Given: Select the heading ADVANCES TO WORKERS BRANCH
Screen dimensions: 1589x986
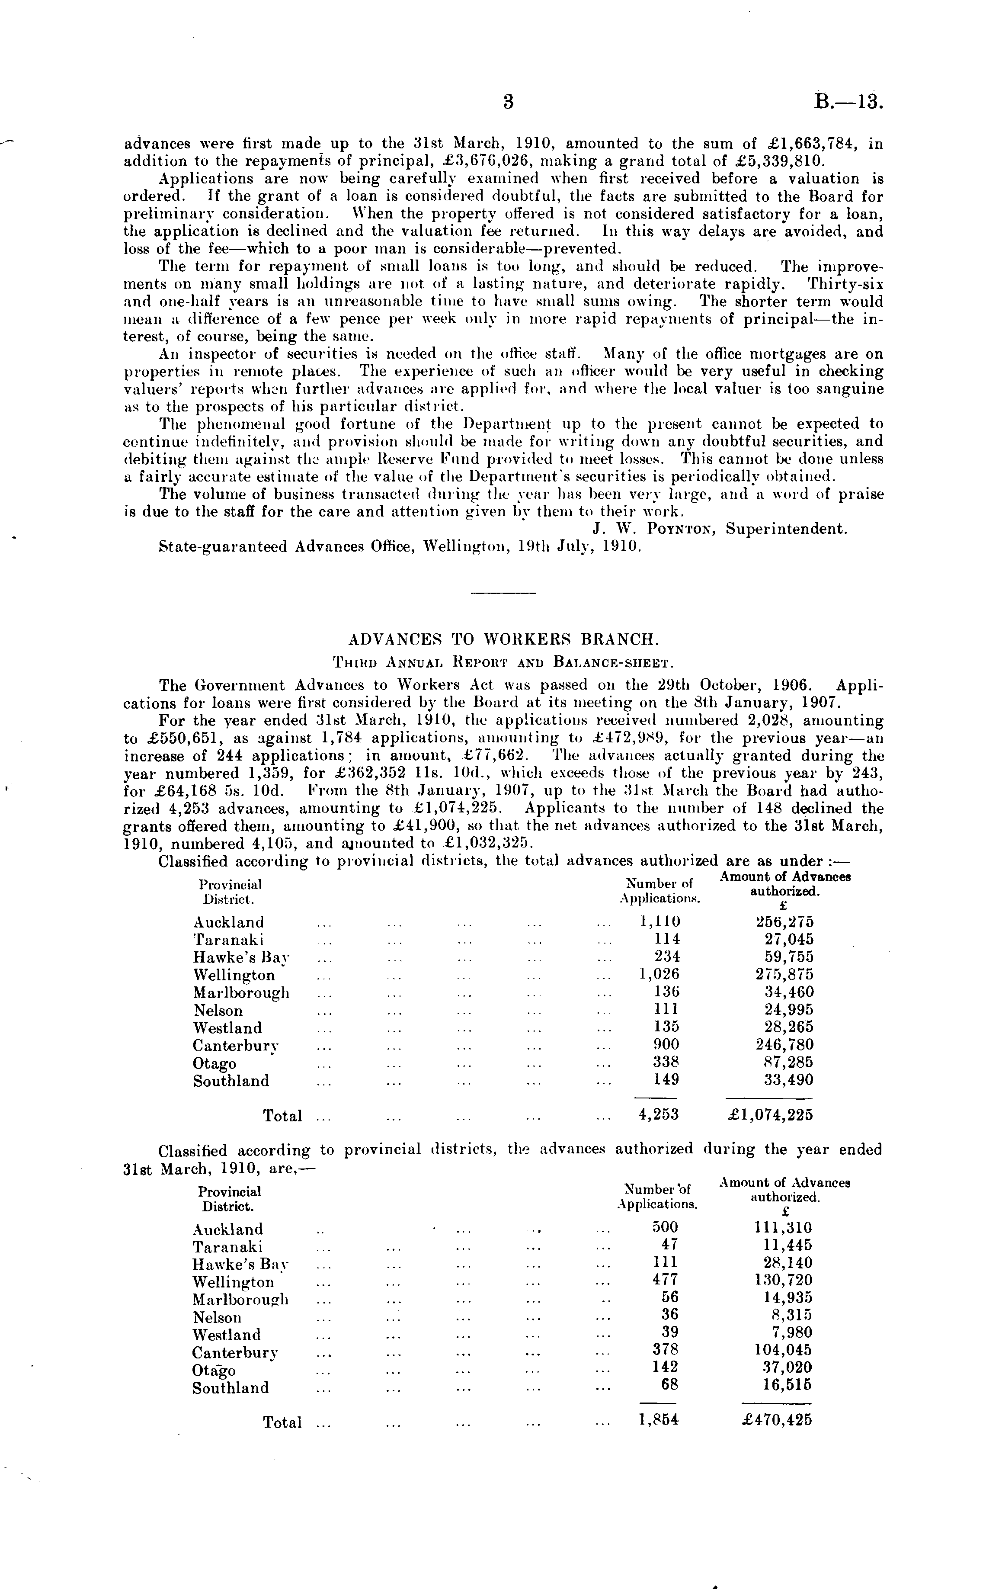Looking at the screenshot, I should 501,639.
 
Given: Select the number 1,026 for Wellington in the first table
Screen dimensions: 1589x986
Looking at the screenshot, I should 659,975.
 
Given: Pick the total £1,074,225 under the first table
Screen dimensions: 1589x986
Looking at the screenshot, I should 771,1115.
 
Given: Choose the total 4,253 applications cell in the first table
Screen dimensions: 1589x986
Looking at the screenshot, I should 659,1115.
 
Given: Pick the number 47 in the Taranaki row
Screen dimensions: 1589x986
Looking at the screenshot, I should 669,1245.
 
